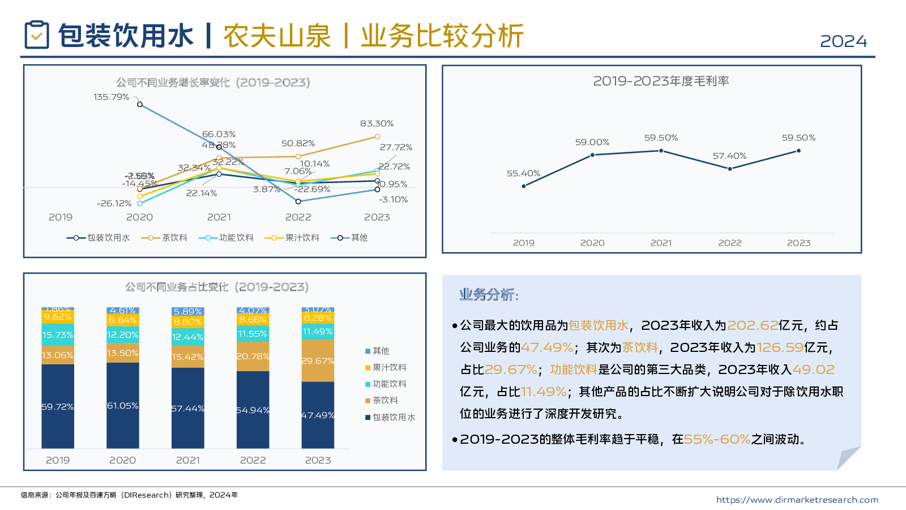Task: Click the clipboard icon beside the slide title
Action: [x=37, y=35]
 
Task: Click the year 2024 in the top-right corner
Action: [x=843, y=41]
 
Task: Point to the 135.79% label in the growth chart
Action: [x=111, y=97]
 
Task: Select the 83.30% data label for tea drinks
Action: [x=377, y=124]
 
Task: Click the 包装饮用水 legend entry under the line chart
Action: [x=99, y=238]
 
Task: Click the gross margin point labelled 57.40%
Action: [x=730, y=168]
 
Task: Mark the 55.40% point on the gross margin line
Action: [x=523, y=186]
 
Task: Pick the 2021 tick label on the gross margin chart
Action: [x=661, y=243]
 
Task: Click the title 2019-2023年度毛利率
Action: [x=661, y=81]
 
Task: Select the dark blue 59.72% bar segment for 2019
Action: [x=58, y=406]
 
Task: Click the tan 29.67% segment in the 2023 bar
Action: [x=318, y=361]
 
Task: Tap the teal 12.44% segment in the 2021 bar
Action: [x=188, y=337]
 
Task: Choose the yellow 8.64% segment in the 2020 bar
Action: [x=123, y=320]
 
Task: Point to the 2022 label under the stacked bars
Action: [x=253, y=460]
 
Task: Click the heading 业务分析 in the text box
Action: [x=489, y=295]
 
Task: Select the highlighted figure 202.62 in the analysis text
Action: [x=753, y=325]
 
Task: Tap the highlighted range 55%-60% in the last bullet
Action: [x=717, y=439]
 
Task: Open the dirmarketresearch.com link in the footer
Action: [x=797, y=500]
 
